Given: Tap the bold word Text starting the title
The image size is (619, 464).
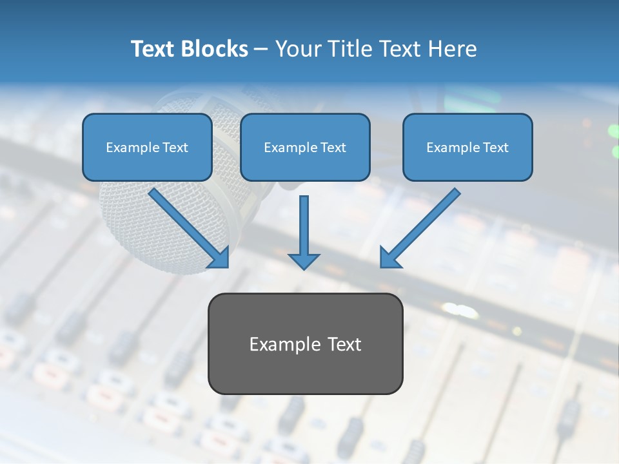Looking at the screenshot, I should coord(153,49).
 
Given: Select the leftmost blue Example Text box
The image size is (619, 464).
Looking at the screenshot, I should coord(147,147).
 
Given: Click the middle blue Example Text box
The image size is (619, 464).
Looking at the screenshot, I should coord(305,147).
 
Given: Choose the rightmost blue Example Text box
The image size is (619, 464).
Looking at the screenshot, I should coord(467,147).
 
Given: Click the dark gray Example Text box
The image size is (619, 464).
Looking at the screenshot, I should coord(305,343).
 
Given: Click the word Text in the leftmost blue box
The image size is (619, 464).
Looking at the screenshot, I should coord(175,148).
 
